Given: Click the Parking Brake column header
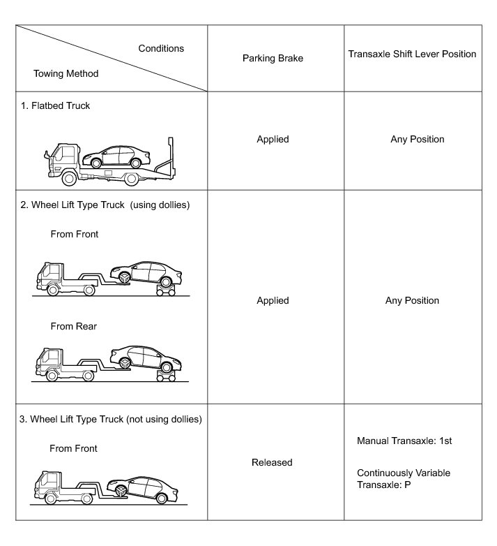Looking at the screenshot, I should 273,59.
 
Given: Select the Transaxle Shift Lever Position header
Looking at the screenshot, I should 412,54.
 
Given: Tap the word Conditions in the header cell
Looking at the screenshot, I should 161,48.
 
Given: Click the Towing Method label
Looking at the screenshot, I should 66,73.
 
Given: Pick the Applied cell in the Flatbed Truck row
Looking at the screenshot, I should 273,139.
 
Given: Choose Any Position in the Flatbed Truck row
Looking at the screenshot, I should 417,139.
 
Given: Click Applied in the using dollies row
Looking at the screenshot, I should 273,300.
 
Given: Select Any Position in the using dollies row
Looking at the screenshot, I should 412,300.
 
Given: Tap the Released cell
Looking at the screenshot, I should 273,462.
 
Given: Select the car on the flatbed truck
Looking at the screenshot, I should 121,156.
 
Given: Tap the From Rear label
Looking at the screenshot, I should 73,325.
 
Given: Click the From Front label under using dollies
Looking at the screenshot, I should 75,234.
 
